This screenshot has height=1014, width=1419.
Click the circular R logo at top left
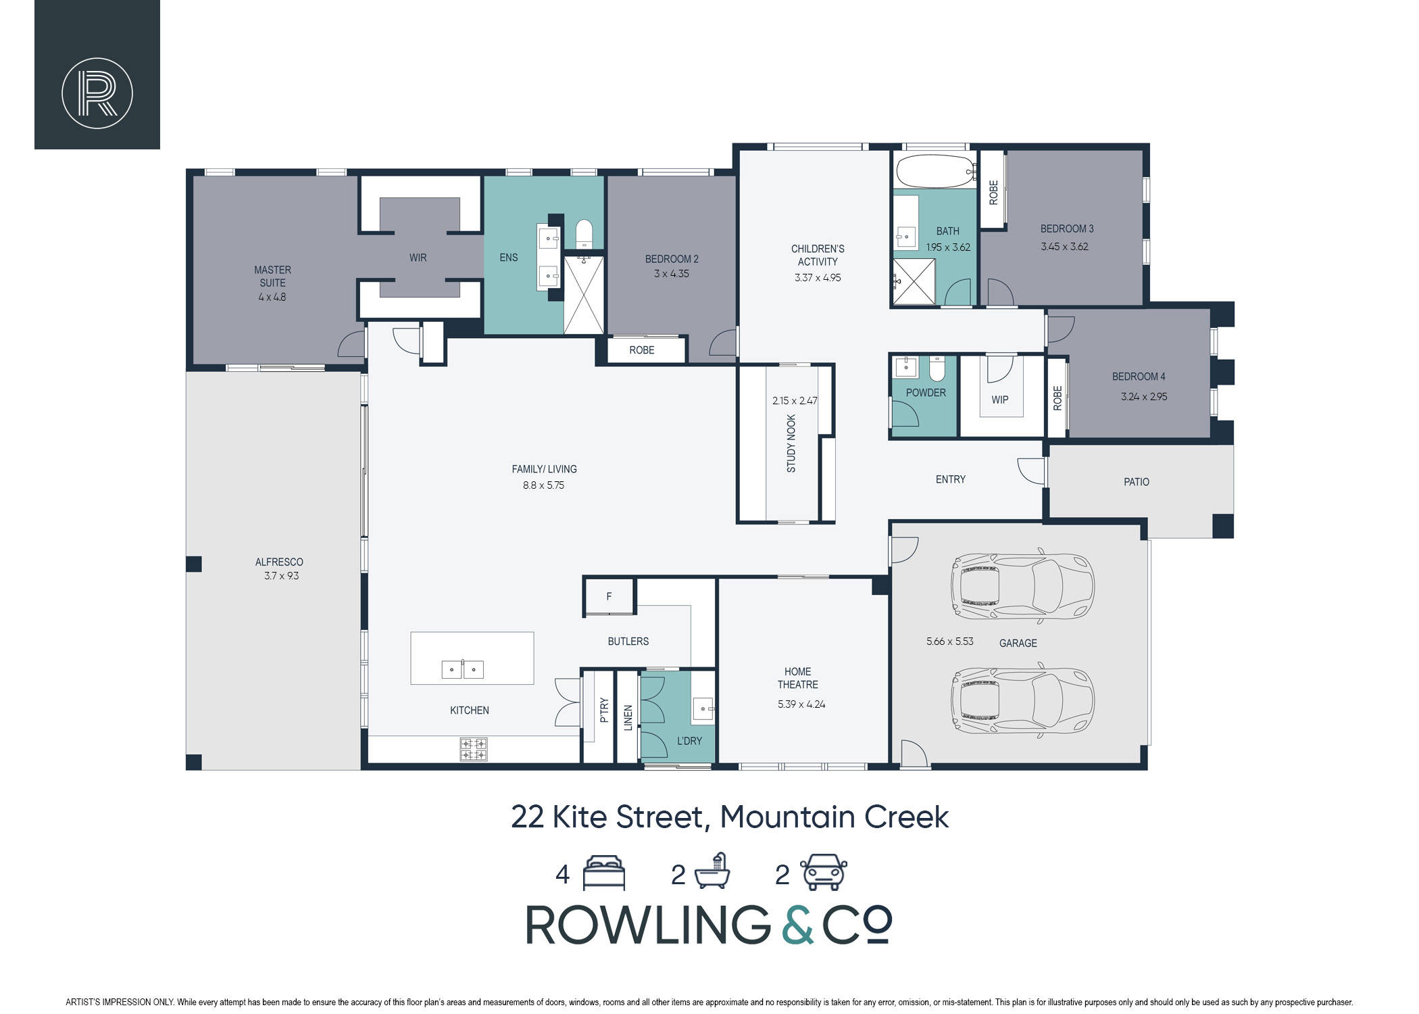97,93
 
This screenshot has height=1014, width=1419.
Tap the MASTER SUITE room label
272,276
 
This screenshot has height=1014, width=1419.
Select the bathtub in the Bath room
936,171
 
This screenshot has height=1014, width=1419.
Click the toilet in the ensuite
584,233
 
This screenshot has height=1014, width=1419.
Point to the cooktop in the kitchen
473,748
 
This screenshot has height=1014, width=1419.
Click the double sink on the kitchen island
462,669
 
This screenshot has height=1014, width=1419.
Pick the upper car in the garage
1022,586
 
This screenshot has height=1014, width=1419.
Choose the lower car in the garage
1022,700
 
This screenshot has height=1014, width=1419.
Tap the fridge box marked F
609,597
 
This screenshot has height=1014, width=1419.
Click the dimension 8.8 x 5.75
543,485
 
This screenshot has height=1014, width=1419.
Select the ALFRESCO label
279,562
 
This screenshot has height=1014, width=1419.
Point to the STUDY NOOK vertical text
791,443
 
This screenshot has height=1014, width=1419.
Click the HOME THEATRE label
798,678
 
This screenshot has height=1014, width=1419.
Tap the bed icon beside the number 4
604,873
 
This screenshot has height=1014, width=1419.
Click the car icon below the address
824,872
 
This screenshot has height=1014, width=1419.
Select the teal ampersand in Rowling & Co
796,924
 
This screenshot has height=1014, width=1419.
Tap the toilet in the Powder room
937,368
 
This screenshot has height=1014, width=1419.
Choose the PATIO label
1137,482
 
